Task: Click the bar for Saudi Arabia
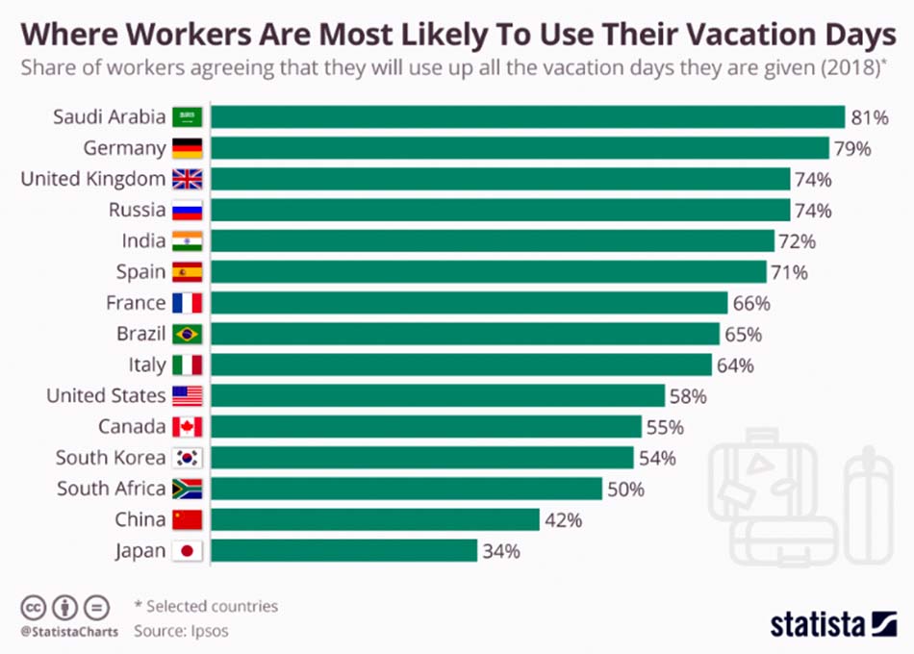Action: pos(527,117)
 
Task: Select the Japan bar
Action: pos(343,551)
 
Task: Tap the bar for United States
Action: pos(438,395)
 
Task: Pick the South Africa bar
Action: pos(406,489)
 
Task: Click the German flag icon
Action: pos(187,149)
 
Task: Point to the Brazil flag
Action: pos(187,335)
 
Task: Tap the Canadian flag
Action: pos(187,427)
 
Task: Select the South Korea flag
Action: pos(187,458)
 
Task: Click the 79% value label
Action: pos(852,149)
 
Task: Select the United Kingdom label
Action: pos(93,180)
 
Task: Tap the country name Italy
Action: pos(147,365)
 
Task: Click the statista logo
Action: pos(833,624)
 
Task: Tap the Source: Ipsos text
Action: pos(181,631)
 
